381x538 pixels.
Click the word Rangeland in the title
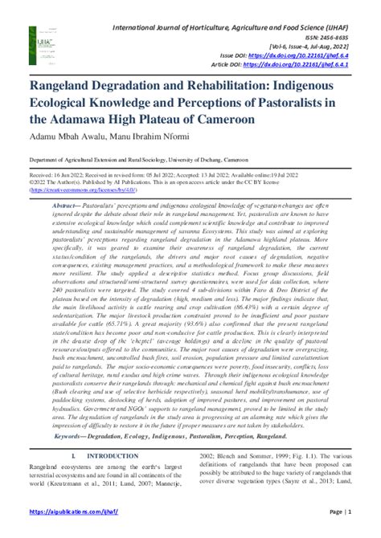coord(69,85)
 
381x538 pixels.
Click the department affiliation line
coord(147,160)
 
